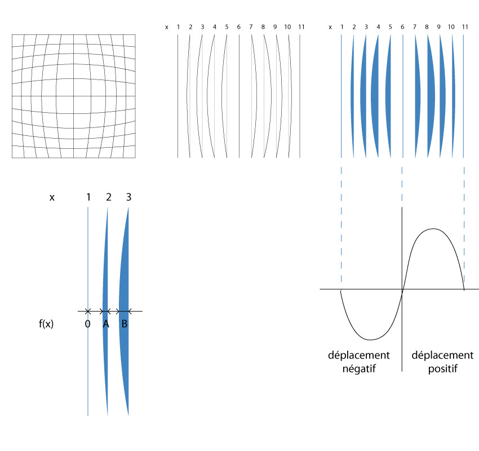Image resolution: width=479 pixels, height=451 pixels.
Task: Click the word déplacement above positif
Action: pyautogui.click(x=442, y=355)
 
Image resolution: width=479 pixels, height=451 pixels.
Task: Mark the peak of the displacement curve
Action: pyautogui.click(x=433, y=228)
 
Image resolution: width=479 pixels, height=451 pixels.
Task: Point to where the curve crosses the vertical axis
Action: pyautogui.click(x=402, y=290)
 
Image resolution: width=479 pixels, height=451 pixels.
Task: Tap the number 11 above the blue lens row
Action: pyautogui.click(x=463, y=26)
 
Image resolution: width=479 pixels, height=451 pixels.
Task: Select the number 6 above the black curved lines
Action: pyautogui.click(x=239, y=26)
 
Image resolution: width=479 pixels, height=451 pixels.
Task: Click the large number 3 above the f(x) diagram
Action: pyautogui.click(x=128, y=197)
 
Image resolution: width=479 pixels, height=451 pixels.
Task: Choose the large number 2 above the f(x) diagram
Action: pyautogui.click(x=108, y=197)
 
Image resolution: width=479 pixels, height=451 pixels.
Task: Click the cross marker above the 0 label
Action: pyautogui.click(x=88, y=311)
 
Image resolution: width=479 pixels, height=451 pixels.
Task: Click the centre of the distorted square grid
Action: pyautogui.click(x=73, y=96)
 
